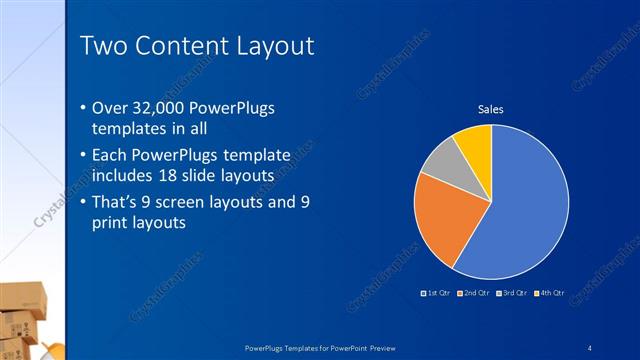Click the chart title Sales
(x=490, y=109)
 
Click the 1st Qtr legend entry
(x=437, y=293)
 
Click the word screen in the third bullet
(x=194, y=204)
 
